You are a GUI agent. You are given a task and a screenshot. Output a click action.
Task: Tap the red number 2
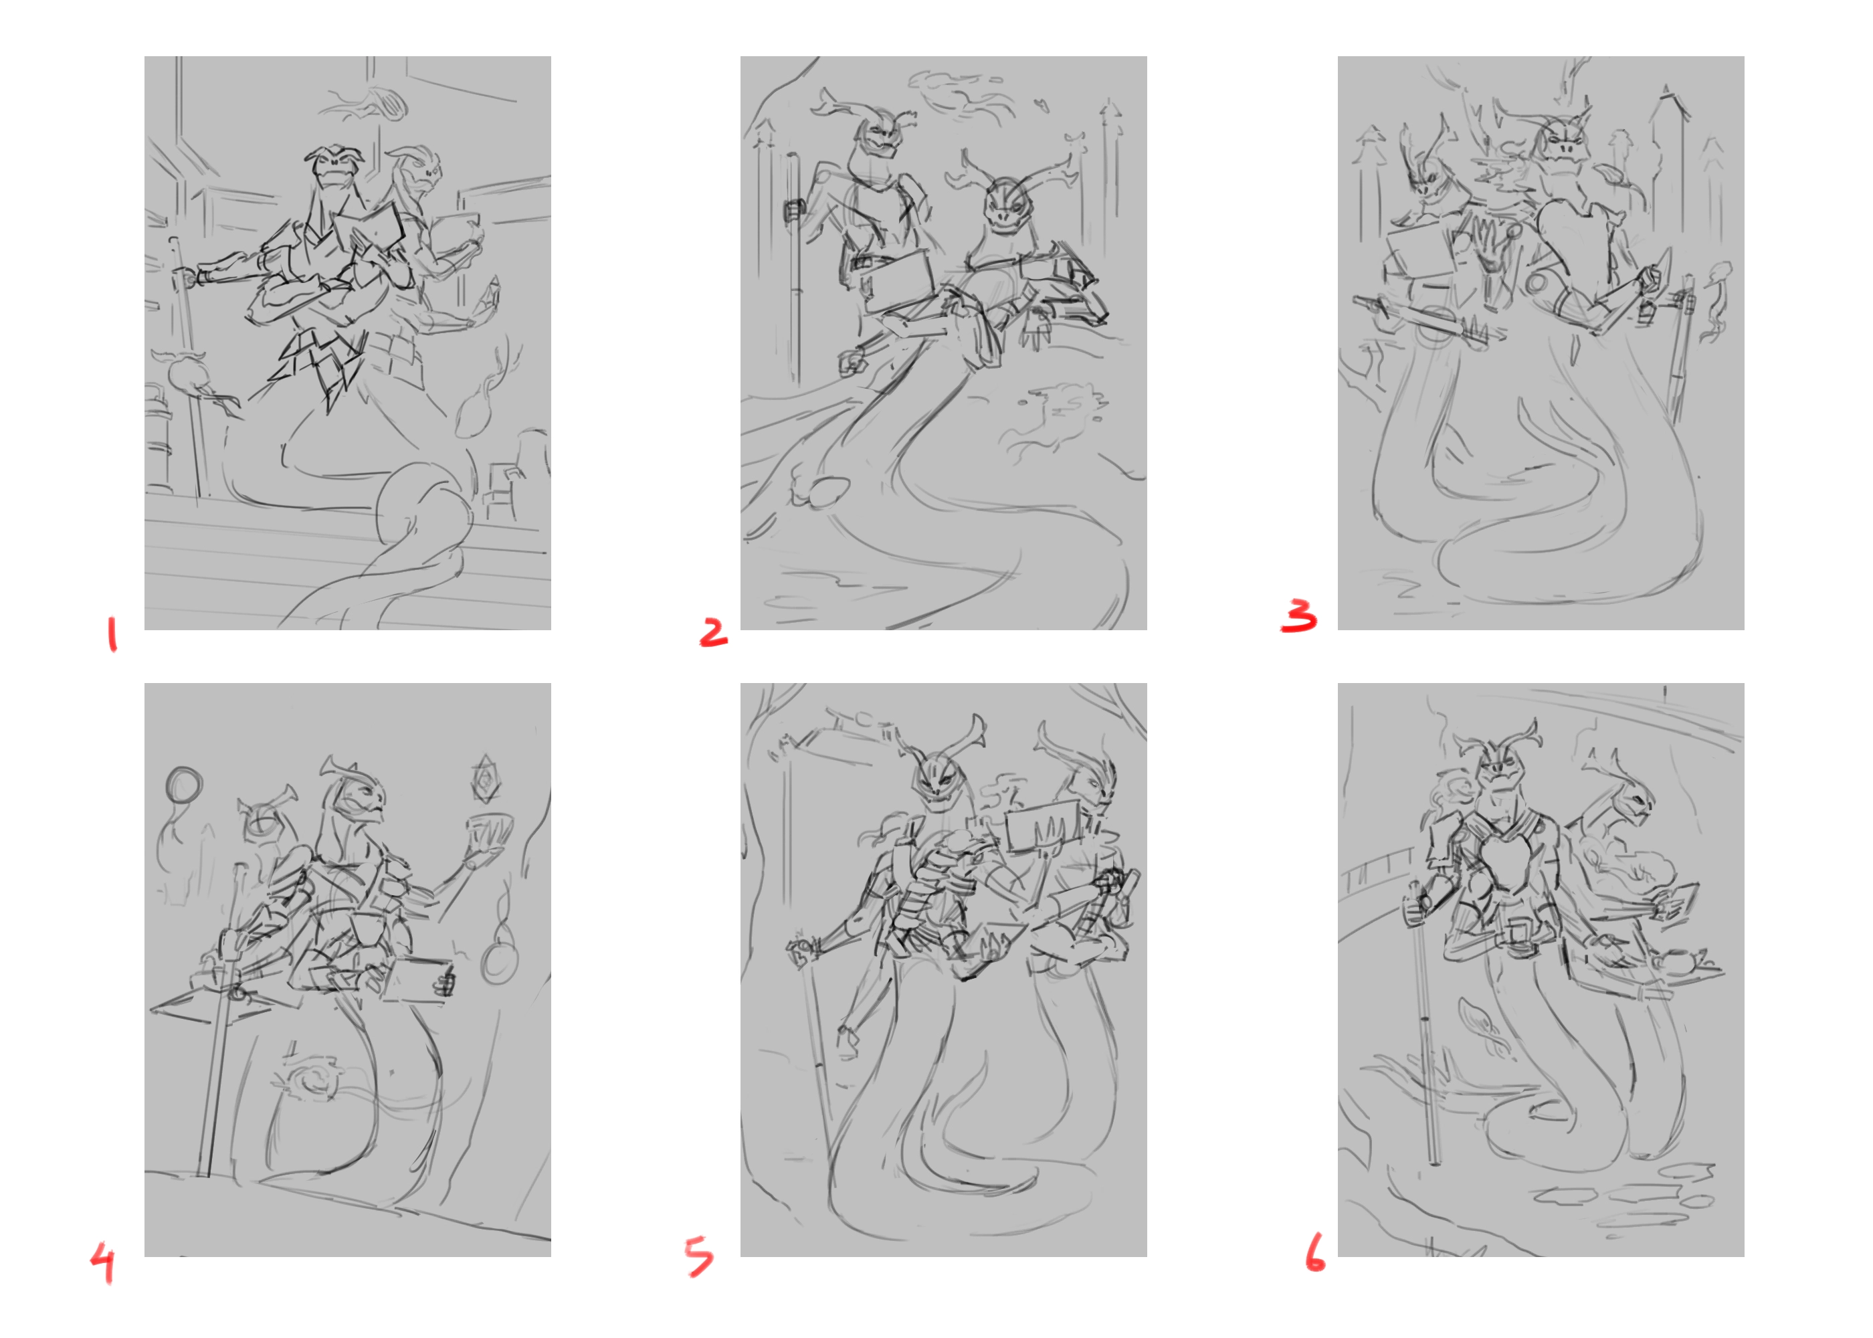713,632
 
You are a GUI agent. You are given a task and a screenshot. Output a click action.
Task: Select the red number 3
1299,615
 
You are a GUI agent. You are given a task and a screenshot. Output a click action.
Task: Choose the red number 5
699,1256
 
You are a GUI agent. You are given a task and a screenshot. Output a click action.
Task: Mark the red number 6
1314,1252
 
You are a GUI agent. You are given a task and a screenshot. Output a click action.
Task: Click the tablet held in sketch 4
419,981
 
